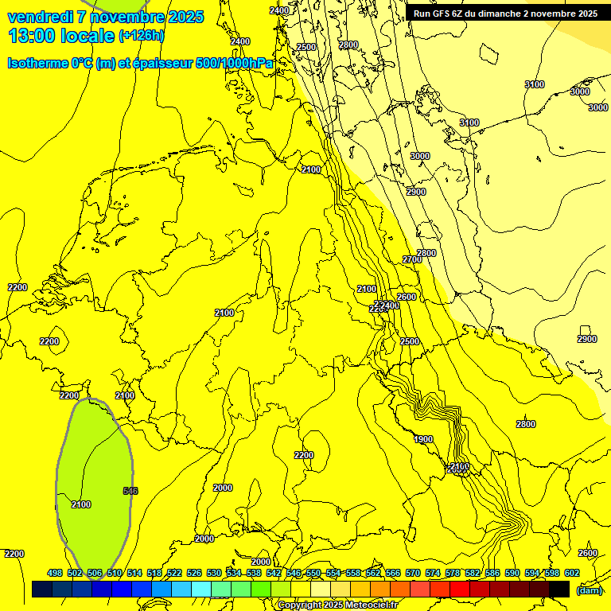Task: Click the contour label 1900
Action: pos(423,439)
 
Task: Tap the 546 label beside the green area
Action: pos(130,491)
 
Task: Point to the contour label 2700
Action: pos(412,259)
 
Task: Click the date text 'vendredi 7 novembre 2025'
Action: pos(106,17)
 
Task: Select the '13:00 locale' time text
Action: pos(61,36)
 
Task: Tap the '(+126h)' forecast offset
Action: pos(141,36)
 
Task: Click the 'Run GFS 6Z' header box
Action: pos(505,14)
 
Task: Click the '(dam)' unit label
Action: pos(589,590)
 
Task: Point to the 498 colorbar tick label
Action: pos(55,573)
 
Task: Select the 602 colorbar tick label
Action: pos(572,573)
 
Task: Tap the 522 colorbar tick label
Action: pos(174,573)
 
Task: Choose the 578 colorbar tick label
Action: pos(453,573)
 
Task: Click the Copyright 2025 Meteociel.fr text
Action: pos(337,605)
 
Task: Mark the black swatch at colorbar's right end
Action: pos(559,590)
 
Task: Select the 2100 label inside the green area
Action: pos(81,504)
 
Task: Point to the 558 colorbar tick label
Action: pos(353,573)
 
